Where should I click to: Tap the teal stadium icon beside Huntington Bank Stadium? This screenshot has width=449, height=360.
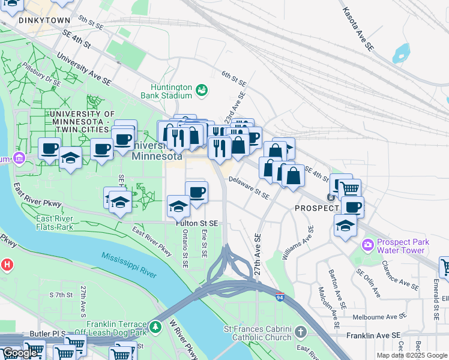[202, 91]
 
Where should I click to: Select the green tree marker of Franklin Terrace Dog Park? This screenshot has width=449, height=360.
[156, 328]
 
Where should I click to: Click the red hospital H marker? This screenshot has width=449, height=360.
[7, 264]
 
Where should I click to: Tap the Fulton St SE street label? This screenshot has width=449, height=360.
[196, 223]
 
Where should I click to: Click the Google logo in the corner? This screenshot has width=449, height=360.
[20, 353]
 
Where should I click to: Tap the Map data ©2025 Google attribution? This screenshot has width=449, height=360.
[411, 355]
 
